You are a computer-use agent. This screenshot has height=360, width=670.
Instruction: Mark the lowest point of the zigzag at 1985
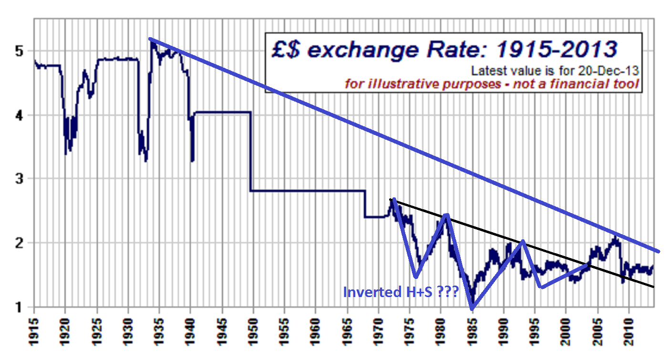[x=472, y=309]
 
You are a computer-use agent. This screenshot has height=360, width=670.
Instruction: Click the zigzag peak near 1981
[x=446, y=215]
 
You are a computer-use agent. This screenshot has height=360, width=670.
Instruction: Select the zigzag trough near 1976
[x=416, y=277]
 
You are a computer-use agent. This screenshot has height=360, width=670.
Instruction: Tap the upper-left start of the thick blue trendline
[x=150, y=39]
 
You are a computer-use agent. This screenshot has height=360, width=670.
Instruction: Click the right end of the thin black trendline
[x=653, y=287]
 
